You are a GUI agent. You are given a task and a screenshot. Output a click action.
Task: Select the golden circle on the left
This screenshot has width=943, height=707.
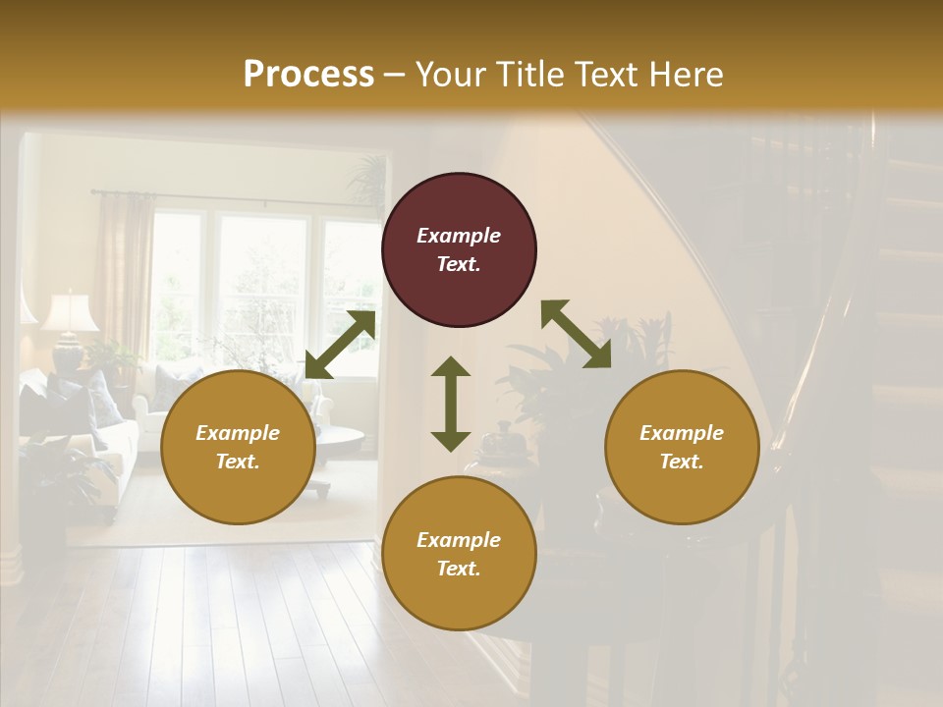click(x=238, y=448)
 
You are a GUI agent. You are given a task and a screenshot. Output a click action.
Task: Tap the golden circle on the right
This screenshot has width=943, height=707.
click(x=682, y=448)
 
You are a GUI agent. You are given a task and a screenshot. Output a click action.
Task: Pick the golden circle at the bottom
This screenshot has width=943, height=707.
click(x=459, y=554)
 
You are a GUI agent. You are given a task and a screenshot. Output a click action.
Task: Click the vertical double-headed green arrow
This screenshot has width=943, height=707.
click(x=451, y=404)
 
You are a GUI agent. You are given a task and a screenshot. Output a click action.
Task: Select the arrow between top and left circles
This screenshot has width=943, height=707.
click(x=340, y=345)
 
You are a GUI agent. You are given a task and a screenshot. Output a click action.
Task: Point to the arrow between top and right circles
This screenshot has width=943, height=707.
click(x=576, y=334)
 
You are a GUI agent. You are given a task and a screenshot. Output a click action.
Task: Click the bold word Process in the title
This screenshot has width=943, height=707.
click(x=308, y=74)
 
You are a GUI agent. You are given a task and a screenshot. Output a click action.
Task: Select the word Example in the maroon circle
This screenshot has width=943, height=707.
click(x=459, y=236)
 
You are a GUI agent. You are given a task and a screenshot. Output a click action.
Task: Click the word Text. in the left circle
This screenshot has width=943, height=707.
click(x=238, y=462)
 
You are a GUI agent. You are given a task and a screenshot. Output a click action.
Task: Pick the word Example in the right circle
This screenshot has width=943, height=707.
click(x=682, y=433)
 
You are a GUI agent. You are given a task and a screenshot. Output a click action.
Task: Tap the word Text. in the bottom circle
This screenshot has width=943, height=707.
click(x=459, y=569)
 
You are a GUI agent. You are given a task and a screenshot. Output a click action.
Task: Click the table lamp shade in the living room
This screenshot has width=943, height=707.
click(x=70, y=311)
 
